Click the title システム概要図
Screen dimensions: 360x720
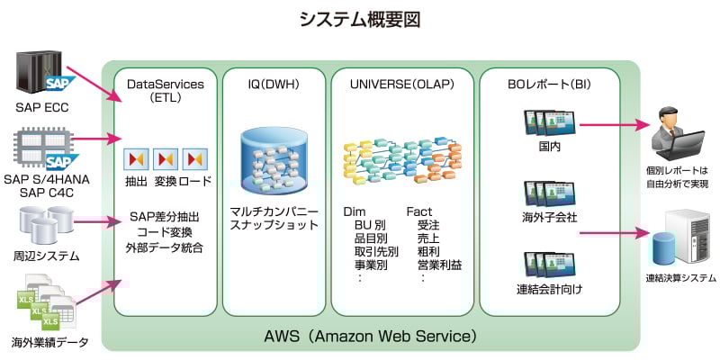click(359, 19)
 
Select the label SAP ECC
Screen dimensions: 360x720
click(41, 110)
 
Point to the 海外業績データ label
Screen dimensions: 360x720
click(49, 342)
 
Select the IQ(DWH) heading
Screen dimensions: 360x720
click(274, 85)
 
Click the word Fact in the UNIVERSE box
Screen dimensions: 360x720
click(419, 211)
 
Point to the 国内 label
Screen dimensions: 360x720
click(550, 147)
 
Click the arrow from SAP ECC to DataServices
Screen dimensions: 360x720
click(94, 80)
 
